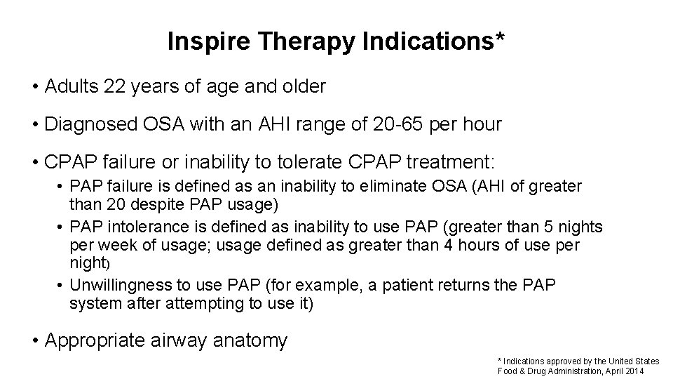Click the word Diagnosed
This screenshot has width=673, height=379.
tap(88, 125)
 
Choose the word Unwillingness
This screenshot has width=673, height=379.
tap(130, 285)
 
